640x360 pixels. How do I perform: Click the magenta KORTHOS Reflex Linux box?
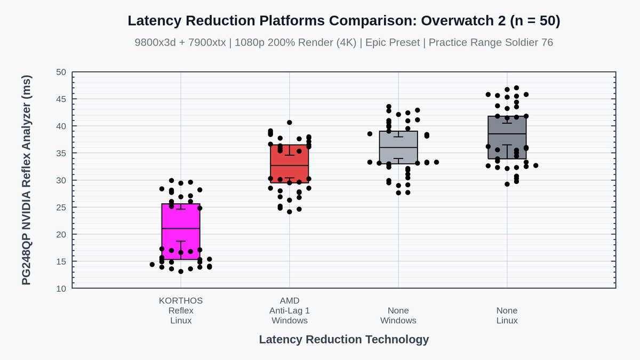click(x=181, y=231)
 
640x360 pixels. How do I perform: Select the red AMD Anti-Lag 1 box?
click(x=290, y=164)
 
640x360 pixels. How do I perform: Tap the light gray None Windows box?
click(x=398, y=147)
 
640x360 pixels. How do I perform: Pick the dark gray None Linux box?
click(x=507, y=138)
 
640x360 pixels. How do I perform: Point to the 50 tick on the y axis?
click(x=61, y=72)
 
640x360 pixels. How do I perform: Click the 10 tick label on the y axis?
click(x=61, y=289)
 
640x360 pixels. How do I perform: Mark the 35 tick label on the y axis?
click(x=61, y=154)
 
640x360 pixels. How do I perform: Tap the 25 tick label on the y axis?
click(x=61, y=207)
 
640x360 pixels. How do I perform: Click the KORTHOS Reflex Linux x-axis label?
click(x=181, y=310)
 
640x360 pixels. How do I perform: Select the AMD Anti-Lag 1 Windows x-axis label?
click(x=290, y=310)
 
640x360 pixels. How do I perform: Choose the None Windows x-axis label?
click(x=398, y=315)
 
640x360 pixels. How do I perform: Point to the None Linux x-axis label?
click(x=507, y=315)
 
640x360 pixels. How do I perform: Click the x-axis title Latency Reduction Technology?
click(x=344, y=339)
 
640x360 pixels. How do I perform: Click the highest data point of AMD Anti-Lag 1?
click(x=290, y=123)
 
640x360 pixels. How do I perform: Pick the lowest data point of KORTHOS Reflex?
click(x=181, y=271)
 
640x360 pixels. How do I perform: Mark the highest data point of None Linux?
click(x=517, y=88)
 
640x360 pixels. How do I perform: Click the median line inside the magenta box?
click(x=181, y=229)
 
